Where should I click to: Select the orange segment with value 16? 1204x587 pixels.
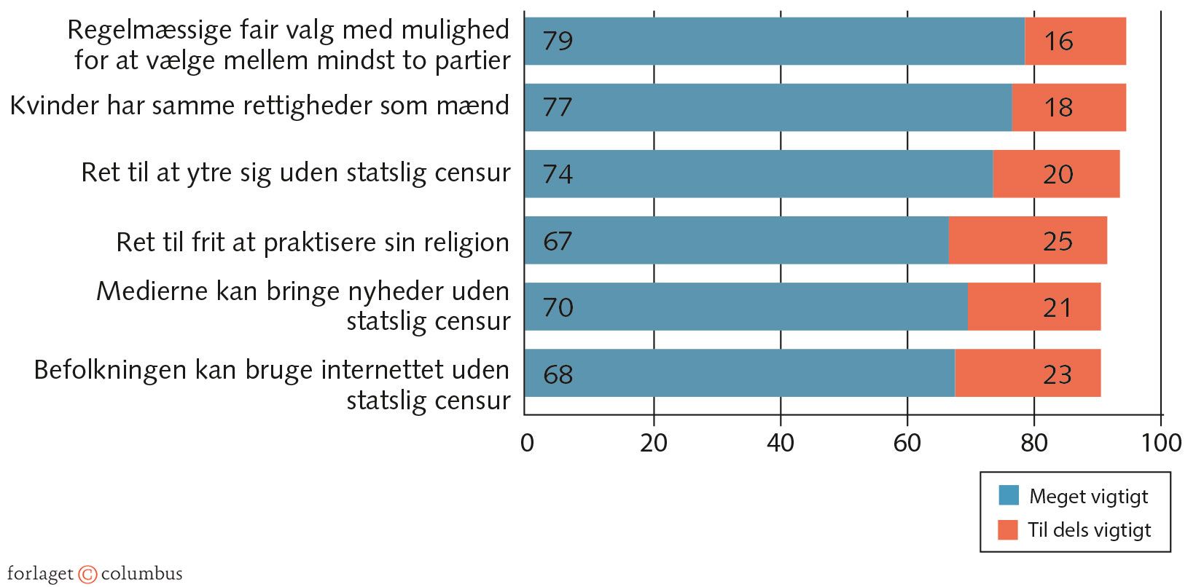click(x=1075, y=41)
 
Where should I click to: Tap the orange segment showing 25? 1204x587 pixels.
click(x=1028, y=240)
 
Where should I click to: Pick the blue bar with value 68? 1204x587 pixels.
click(x=740, y=374)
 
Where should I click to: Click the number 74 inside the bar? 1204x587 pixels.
click(x=558, y=174)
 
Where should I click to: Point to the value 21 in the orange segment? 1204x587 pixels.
click(x=1057, y=307)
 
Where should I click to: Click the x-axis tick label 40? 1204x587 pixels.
click(x=780, y=443)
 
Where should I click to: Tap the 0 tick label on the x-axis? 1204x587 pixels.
click(x=527, y=443)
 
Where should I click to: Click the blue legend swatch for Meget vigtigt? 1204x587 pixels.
click(x=1008, y=495)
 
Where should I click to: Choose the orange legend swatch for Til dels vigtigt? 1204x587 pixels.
click(x=1008, y=529)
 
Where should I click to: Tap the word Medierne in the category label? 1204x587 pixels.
click(x=152, y=291)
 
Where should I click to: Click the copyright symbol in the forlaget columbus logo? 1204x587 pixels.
click(x=87, y=574)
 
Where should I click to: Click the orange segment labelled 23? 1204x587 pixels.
click(x=1028, y=374)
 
